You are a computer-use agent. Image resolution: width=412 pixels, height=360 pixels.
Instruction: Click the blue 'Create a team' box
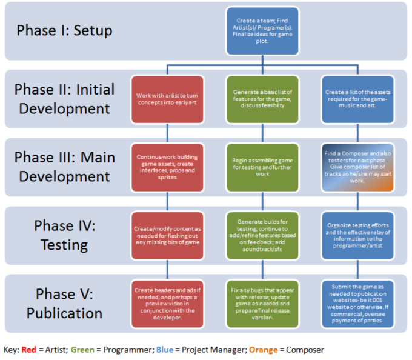[262, 31]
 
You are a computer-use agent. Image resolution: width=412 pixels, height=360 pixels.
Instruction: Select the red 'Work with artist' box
[167, 99]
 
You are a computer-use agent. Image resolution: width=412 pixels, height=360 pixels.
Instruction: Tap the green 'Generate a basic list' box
[262, 99]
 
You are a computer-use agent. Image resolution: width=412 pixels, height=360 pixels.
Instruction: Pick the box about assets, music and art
[357, 99]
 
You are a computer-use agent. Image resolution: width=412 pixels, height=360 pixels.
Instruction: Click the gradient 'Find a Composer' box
[357, 167]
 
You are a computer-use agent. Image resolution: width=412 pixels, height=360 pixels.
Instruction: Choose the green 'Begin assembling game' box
[262, 167]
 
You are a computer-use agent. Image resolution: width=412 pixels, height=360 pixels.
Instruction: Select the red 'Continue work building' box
[167, 167]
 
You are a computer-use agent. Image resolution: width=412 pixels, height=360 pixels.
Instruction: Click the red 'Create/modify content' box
[167, 236]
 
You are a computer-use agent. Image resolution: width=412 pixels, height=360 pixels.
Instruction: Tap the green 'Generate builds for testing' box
[262, 236]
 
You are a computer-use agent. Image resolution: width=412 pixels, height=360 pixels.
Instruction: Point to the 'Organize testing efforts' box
[357, 236]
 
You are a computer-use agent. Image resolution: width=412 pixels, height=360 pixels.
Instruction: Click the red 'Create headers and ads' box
[167, 304]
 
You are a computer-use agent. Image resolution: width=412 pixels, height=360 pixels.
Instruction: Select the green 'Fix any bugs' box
[262, 304]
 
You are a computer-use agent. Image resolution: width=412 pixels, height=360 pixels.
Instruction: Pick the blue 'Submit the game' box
[357, 304]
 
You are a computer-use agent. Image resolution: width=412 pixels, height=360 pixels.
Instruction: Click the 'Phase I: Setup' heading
[65, 30]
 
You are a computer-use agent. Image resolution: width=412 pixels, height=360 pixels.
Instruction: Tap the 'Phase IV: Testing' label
[65, 235]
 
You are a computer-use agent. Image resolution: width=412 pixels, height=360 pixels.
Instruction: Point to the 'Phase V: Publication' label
[65, 304]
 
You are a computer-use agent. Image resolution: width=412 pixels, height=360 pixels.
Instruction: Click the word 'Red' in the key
[29, 350]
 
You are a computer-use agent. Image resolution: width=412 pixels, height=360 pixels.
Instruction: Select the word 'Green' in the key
[82, 350]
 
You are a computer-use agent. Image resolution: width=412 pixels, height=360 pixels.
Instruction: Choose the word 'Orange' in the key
[264, 350]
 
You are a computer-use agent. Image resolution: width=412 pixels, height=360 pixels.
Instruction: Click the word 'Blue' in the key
[165, 350]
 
